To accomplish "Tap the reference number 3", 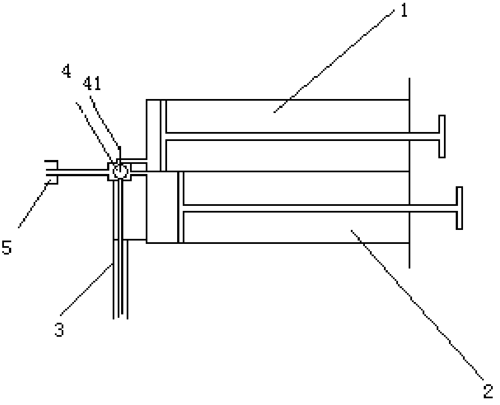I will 59,329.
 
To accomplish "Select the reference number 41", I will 91,84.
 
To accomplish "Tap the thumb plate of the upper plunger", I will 442,136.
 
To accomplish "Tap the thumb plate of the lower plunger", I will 459,208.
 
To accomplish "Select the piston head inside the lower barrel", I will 180,208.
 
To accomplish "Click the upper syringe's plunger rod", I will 303,136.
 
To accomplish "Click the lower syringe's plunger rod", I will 320,208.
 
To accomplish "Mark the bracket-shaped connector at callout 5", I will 50,172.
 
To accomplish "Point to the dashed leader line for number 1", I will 336,62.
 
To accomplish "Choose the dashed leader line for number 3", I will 87,288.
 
